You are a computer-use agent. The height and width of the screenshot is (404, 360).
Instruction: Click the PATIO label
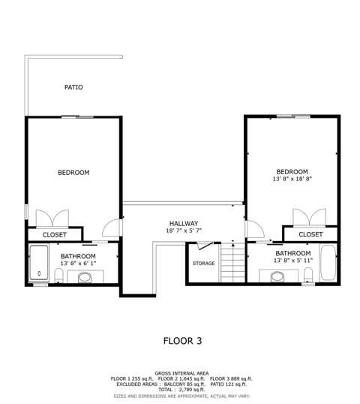pyautogui.click(x=73, y=87)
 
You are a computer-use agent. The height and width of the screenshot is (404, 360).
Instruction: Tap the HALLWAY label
pyautogui.click(x=184, y=223)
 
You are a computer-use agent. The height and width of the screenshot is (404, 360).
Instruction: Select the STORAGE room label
pyautogui.click(x=203, y=264)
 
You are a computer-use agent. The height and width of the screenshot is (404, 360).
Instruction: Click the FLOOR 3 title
pyautogui.click(x=183, y=341)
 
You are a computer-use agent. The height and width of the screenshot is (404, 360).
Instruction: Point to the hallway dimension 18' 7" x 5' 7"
pyautogui.click(x=184, y=231)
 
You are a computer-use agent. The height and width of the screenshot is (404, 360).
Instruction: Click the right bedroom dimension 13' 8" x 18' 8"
pyautogui.click(x=292, y=179)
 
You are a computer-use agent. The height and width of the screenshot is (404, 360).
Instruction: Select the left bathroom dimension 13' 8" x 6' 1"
pyautogui.click(x=78, y=264)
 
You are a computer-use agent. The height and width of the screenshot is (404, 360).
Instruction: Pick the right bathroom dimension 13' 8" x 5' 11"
pyautogui.click(x=293, y=261)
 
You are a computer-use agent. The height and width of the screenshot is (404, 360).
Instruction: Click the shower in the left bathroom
pyautogui.click(x=39, y=263)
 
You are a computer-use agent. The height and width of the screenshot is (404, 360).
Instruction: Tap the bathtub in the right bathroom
pyautogui.click(x=328, y=262)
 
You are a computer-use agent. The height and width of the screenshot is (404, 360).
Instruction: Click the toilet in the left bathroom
pyautogui.click(x=59, y=276)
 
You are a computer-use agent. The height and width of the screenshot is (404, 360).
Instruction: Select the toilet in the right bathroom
pyautogui.click(x=308, y=275)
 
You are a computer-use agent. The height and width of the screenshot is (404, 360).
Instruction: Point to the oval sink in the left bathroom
pyautogui.click(x=85, y=278)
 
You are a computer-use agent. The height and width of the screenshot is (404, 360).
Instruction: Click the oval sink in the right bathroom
pyautogui.click(x=277, y=277)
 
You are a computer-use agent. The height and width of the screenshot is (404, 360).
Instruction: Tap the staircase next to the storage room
pyautogui.click(x=233, y=263)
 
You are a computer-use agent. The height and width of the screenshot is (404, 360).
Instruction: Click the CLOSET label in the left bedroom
pyautogui.click(x=55, y=235)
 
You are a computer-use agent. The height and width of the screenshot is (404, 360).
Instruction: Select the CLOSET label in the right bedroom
pyautogui.click(x=310, y=234)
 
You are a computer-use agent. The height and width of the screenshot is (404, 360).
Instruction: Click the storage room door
pyautogui.click(x=205, y=246)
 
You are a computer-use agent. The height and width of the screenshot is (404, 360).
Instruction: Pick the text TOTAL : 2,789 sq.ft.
pyautogui.click(x=181, y=390)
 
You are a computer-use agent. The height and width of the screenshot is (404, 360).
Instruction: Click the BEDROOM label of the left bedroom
pyautogui.click(x=73, y=173)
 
